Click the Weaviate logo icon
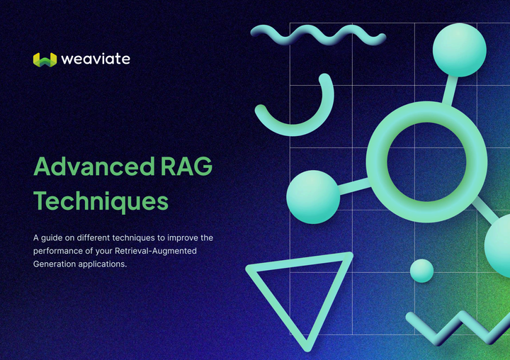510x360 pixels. pyautogui.click(x=44, y=60)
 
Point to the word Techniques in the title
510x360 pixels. pyautogui.click(x=101, y=201)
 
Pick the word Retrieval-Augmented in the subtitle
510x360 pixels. pyautogui.click(x=162, y=250)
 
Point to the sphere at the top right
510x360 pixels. pyautogui.click(x=461, y=49)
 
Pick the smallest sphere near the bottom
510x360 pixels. pyautogui.click(x=421, y=270)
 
